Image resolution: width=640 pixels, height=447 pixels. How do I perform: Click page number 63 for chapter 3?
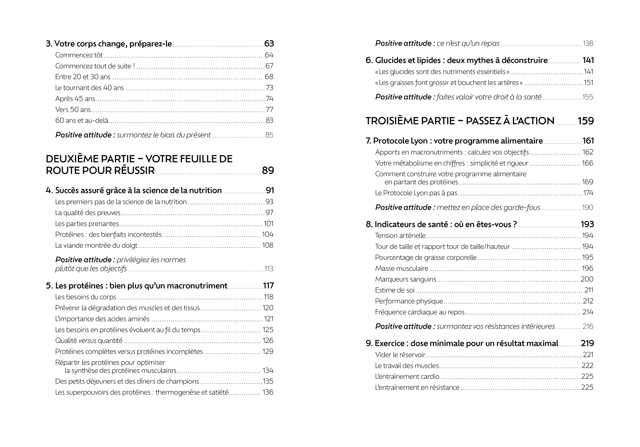269,44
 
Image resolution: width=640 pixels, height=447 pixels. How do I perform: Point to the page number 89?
268,170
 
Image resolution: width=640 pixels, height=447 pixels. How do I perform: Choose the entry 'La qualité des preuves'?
88,213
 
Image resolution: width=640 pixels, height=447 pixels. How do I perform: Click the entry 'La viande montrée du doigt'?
96,246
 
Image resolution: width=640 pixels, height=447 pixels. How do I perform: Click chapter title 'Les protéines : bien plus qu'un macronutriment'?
141,286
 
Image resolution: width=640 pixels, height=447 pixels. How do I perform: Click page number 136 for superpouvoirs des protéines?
268,392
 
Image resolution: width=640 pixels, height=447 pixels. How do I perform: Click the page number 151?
588,83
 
